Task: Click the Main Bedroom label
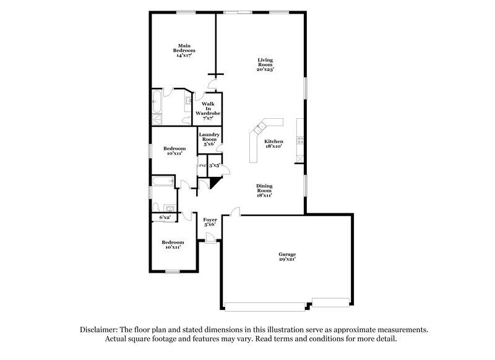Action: (183, 50)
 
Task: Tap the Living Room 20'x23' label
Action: (265, 64)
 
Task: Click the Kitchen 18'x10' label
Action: (273, 144)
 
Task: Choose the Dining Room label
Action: (265, 190)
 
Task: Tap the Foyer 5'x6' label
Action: (210, 221)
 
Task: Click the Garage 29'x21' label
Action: (286, 257)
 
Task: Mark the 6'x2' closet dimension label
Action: (165, 217)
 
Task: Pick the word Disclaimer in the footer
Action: (98, 330)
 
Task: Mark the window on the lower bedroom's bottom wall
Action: (171, 272)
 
